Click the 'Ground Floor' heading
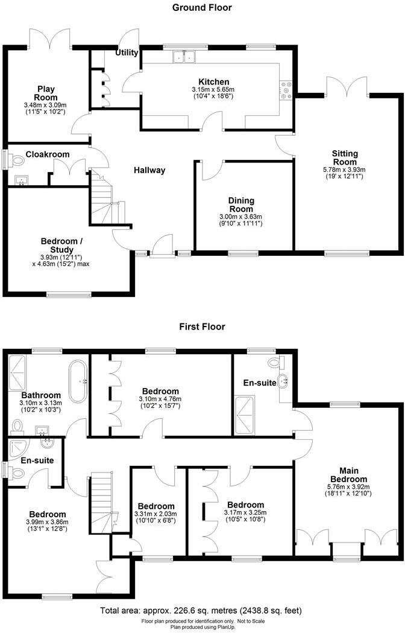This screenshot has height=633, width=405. coord(202,8)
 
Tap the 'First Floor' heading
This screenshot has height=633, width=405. coord(202,326)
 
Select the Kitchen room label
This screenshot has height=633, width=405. coord(213,82)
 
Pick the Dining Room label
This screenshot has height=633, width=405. coord(240,205)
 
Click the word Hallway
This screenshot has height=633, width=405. coord(149,170)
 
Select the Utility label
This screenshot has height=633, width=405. coord(127,52)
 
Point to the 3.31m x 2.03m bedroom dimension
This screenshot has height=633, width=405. coord(156,514)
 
